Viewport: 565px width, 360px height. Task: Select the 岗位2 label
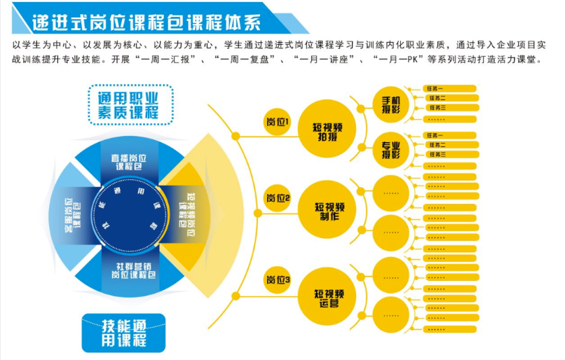point(277,198)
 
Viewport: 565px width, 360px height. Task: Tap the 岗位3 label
point(277,280)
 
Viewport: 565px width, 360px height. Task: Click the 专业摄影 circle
point(390,149)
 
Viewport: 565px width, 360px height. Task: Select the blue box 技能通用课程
point(124,332)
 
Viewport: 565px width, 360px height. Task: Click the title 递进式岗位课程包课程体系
point(147,22)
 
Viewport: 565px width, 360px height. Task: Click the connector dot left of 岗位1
point(236,134)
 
